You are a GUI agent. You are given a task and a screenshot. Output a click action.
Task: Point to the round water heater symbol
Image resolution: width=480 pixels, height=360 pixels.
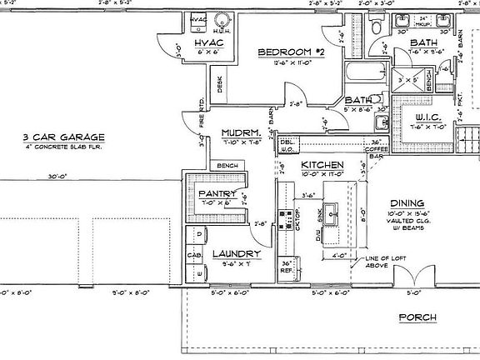[x=223, y=21]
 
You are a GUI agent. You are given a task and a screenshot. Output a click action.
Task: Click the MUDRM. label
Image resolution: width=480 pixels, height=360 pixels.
[x=242, y=133]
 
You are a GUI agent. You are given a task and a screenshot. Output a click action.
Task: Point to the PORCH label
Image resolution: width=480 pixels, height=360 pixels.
[x=417, y=317]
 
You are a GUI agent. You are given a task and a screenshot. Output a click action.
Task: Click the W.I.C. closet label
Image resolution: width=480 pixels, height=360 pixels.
[x=431, y=117]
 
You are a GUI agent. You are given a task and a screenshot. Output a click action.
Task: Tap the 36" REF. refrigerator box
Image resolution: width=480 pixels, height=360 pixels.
[x=287, y=267]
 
